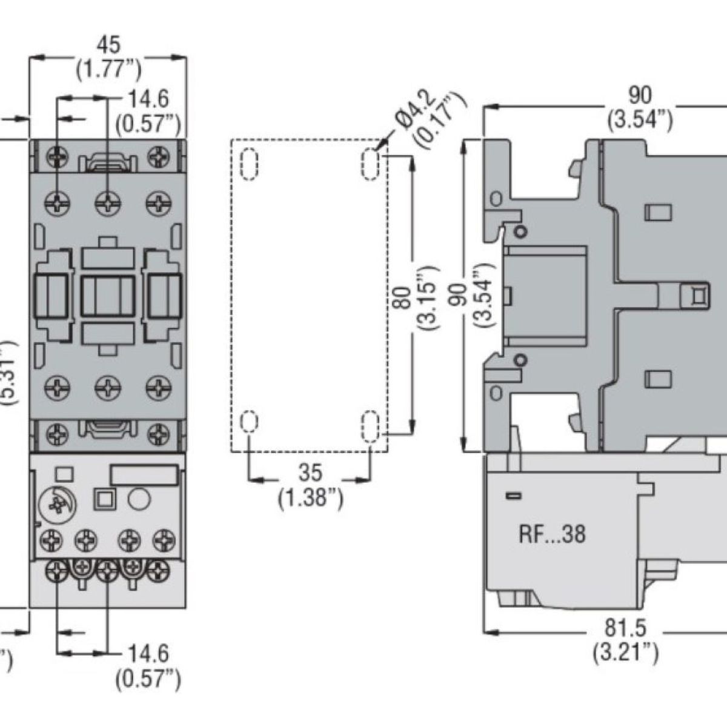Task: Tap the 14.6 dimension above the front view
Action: coord(148,99)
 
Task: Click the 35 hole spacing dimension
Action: coord(310,473)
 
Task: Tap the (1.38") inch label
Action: coord(310,499)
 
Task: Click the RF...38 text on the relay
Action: coord(552,534)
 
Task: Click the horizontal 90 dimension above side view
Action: coord(640,95)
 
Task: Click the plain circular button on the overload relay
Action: coord(138,499)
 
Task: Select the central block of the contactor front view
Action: coord(107,296)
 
